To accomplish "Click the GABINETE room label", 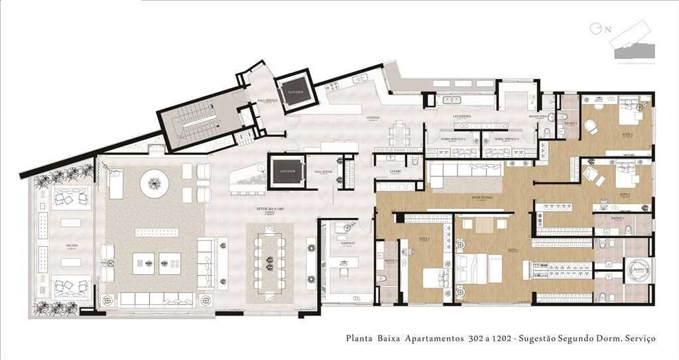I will click(349, 243).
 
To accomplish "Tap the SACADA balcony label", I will click(72, 245).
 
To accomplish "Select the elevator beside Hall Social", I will click(286, 173).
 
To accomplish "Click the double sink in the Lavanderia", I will click(454, 100).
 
